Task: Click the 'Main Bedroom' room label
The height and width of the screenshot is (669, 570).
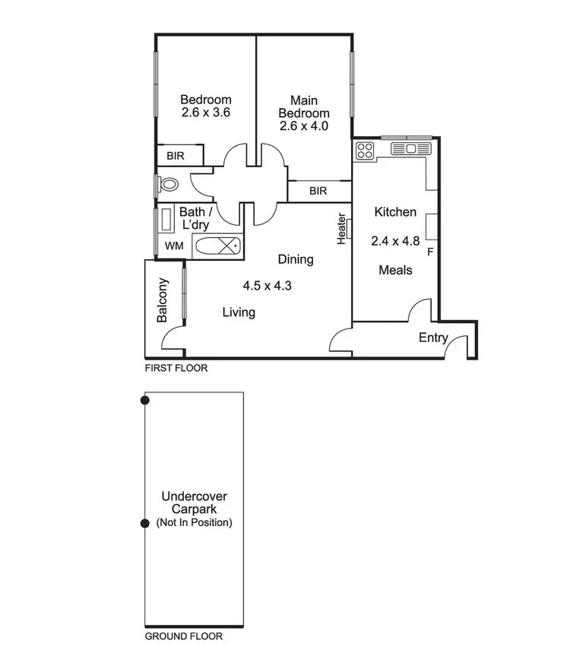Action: point(303,106)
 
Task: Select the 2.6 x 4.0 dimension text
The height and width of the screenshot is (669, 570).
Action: point(303,126)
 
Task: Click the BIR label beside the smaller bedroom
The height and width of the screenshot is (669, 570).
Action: point(176,156)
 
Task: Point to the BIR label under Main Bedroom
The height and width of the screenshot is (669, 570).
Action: point(318,192)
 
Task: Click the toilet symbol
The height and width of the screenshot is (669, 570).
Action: point(169,183)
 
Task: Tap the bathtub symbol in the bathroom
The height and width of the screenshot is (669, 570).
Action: point(217,246)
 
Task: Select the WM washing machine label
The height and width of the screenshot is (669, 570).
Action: point(173,246)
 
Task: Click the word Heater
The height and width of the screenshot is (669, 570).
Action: point(343,228)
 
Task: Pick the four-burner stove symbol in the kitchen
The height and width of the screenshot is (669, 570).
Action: point(365,151)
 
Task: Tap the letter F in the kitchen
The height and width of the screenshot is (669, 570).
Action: point(430,252)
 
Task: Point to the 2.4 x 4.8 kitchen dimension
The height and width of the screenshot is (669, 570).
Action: point(395,241)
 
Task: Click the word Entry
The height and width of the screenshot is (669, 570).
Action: point(433,338)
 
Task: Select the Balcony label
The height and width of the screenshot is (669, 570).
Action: point(162,300)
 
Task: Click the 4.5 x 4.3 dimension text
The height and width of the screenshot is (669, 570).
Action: point(268,287)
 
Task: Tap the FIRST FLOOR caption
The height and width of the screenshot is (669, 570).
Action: point(176,368)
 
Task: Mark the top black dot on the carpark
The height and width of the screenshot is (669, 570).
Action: point(145,400)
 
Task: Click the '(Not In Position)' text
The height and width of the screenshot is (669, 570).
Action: point(194,523)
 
